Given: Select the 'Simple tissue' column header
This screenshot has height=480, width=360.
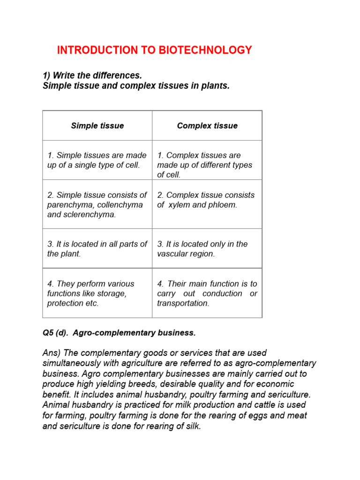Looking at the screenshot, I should pos(97,126).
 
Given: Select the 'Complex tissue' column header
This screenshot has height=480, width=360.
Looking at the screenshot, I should pos(207,126).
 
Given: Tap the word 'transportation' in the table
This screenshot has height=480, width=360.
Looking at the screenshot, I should pos(182,303).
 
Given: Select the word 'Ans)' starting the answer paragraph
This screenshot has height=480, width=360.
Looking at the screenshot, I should pos(52,353).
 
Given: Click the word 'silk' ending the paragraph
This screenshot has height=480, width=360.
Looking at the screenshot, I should pos(192,426).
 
